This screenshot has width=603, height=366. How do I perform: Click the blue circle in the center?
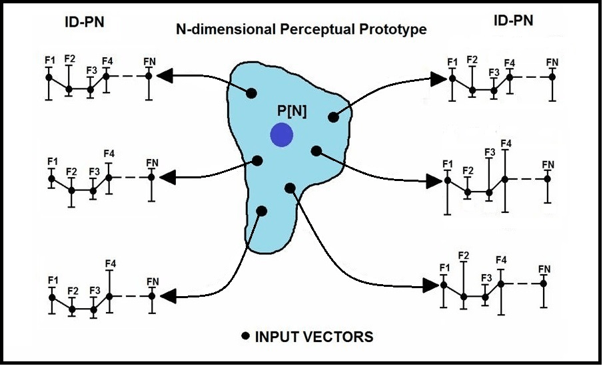(x=282, y=135)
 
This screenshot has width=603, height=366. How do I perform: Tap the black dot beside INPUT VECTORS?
(x=245, y=336)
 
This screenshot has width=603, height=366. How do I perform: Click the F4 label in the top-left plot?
(x=107, y=62)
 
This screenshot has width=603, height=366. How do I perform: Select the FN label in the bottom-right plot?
(x=544, y=269)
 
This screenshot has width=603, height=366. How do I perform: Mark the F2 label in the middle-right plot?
(x=468, y=172)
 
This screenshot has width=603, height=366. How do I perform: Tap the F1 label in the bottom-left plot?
(x=51, y=281)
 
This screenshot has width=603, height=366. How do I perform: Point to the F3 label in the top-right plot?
(x=494, y=73)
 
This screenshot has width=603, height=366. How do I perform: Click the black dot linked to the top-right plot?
(x=334, y=117)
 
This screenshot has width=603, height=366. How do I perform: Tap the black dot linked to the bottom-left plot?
(x=262, y=211)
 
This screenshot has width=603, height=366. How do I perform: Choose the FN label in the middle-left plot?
(x=152, y=163)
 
